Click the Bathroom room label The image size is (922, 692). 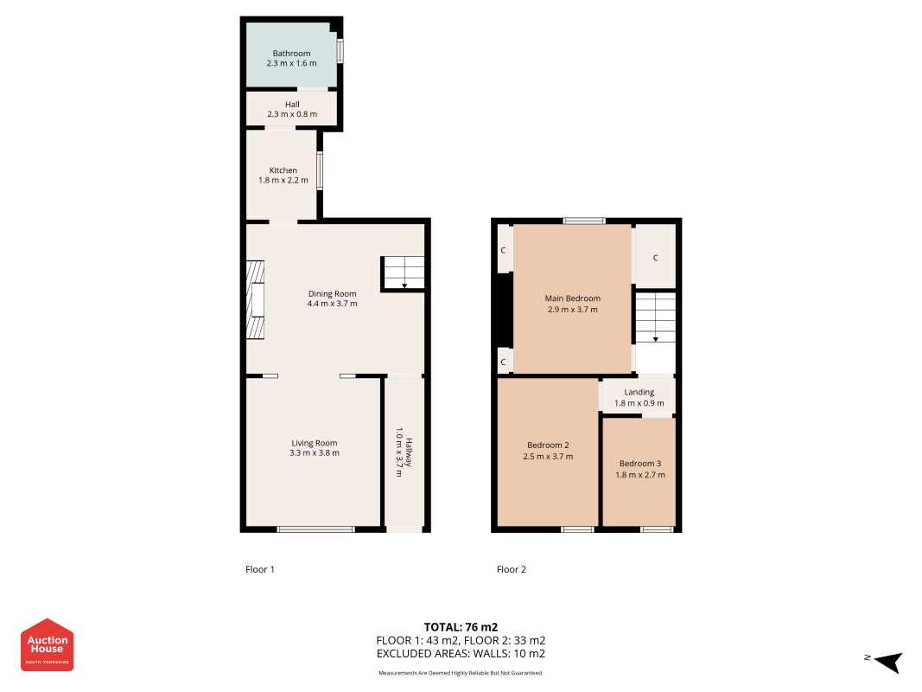click(291, 53)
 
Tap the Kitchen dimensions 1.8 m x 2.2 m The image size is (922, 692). click(283, 180)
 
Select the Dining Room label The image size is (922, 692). click(332, 293)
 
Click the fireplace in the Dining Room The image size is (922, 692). click(255, 300)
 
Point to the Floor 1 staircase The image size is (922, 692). click(404, 272)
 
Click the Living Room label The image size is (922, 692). click(314, 443)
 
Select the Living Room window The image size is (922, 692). click(315, 529)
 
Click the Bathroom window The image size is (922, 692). click(340, 51)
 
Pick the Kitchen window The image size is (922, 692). click(320, 171)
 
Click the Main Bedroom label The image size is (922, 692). click(573, 298)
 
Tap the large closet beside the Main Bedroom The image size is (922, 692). click(656, 257)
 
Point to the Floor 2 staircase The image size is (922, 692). click(656, 317)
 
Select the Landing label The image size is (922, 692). click(639, 392)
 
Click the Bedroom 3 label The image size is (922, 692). click(640, 464)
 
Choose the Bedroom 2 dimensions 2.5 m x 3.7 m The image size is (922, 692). click(548, 456)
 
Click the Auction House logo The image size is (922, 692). click(47, 644)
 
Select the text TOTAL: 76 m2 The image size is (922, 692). click(461, 626)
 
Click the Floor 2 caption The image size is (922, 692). click(512, 569)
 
